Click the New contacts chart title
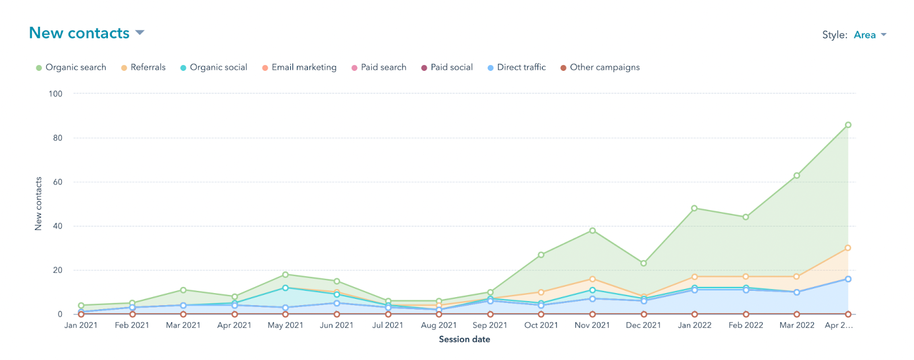pyautogui.click(x=79, y=33)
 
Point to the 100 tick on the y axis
pyautogui.click(x=55, y=94)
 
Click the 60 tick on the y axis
pyautogui.click(x=58, y=182)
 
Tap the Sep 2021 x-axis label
pyautogui.click(x=490, y=325)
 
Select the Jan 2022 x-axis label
pyautogui.click(x=695, y=325)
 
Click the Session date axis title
pyautogui.click(x=464, y=339)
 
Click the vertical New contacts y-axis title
pyautogui.click(x=38, y=203)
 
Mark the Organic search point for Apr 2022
pyautogui.click(x=848, y=125)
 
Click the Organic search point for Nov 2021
pyautogui.click(x=592, y=231)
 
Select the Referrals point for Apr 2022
pyautogui.click(x=848, y=248)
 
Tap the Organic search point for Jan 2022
pyautogui.click(x=695, y=209)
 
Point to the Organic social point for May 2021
pyautogui.click(x=286, y=288)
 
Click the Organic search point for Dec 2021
pyautogui.click(x=644, y=263)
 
